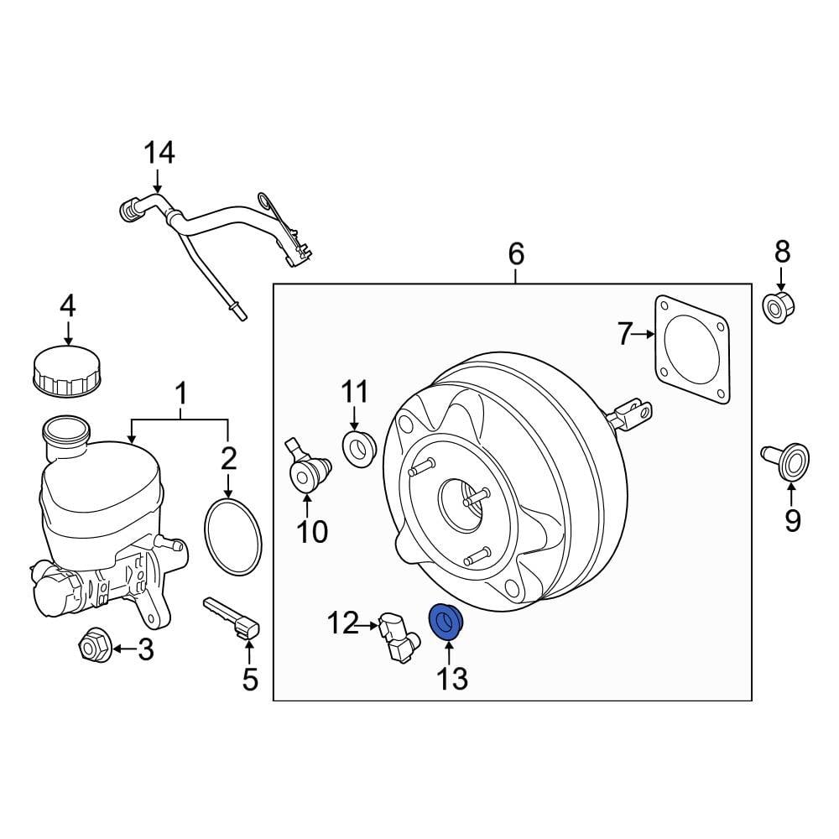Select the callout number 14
point(159,153)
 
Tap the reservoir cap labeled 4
point(67,371)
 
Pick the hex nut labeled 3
point(91,647)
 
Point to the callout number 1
point(180,391)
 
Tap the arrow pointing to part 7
point(647,335)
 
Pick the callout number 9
point(792,520)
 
